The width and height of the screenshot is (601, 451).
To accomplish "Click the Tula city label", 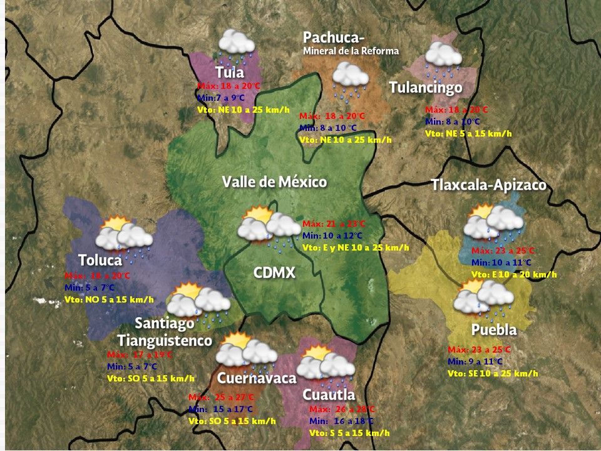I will (x=229, y=71).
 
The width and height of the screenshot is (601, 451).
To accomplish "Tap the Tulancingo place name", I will (x=426, y=87).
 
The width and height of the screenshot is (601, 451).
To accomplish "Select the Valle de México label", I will (x=274, y=182).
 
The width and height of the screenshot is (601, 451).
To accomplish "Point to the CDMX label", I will (x=274, y=272).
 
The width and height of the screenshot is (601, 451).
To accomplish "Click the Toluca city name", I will (x=100, y=260).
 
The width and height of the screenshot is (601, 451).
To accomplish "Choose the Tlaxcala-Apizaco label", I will (x=488, y=185).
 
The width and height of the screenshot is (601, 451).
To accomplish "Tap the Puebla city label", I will (x=494, y=330).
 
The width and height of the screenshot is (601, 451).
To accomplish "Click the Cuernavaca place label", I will (x=256, y=378).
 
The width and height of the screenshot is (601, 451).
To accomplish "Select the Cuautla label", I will (x=329, y=395).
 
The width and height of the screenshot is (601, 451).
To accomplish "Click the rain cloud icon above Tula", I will (x=236, y=44).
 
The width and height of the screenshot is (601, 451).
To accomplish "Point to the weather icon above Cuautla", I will (x=326, y=366).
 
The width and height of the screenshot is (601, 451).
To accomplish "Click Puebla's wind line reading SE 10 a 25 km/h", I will (x=493, y=373).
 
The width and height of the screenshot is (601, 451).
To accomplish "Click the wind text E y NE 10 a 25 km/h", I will (x=356, y=247).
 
